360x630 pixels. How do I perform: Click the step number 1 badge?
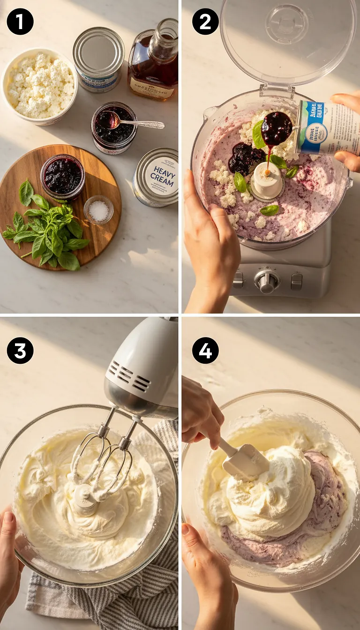pyautogui.click(x=20, y=22)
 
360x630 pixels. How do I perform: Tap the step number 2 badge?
pyautogui.click(x=205, y=22)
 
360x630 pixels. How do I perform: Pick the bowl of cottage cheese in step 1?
pyautogui.click(x=40, y=87)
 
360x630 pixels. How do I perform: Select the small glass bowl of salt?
pyautogui.click(x=98, y=210)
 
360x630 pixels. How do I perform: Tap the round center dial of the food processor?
pyautogui.click(x=267, y=281)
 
